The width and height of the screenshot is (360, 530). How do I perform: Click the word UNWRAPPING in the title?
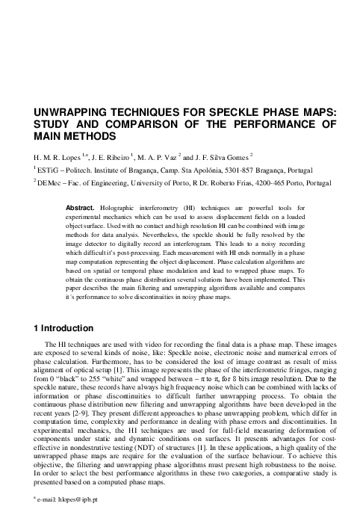click(x=63, y=112)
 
